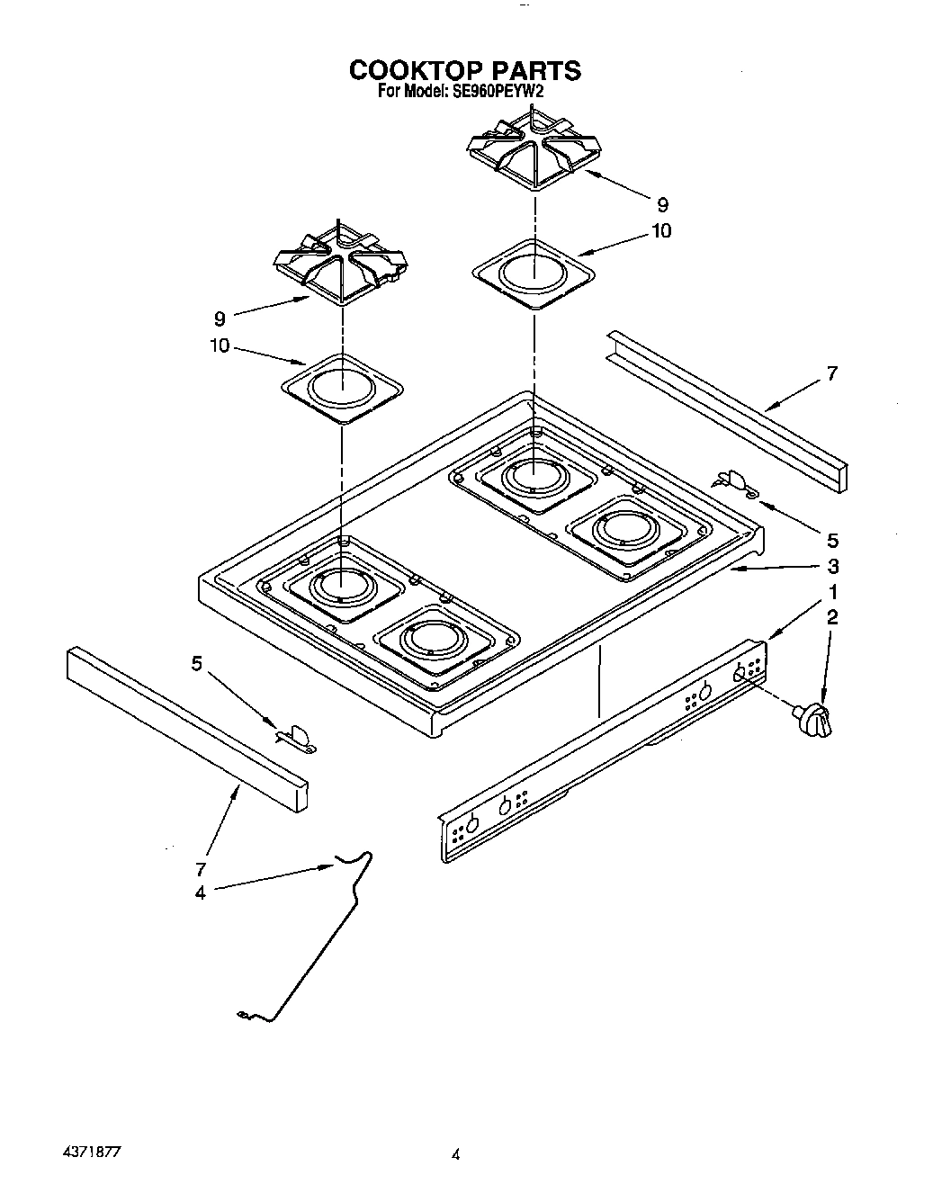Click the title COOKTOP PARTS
click(464, 70)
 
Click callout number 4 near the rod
click(200, 892)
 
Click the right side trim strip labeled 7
click(726, 410)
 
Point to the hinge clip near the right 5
click(737, 483)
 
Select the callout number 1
click(833, 592)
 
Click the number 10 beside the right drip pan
click(660, 231)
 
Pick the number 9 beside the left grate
click(220, 318)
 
